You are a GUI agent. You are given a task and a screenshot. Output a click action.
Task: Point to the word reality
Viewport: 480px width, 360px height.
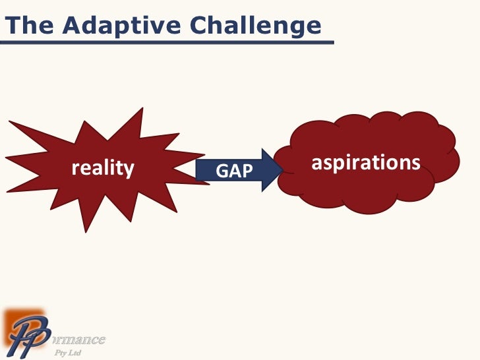103,169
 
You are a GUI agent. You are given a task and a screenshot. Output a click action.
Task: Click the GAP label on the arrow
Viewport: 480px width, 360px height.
235,171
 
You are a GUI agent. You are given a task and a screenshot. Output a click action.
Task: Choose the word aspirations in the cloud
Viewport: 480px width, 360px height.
365,162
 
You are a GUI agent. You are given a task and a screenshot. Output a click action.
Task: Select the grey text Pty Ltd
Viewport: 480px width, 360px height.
67,354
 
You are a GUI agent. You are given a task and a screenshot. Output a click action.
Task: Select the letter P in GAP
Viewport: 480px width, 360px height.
247,171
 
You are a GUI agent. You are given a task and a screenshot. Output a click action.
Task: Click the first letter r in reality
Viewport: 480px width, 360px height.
75,169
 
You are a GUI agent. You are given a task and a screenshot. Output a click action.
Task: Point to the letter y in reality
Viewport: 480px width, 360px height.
129,171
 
